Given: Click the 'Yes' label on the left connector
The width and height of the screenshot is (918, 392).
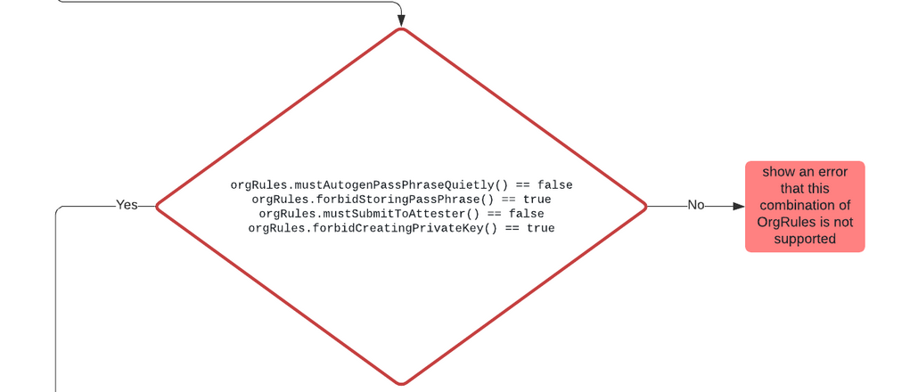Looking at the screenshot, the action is pyautogui.click(x=127, y=206).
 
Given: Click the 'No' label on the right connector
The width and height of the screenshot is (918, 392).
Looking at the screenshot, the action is pyautogui.click(x=696, y=206).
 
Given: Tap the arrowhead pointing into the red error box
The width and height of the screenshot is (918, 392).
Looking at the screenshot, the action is pyautogui.click(x=738, y=206).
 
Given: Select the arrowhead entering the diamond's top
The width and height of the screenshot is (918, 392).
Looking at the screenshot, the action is pyautogui.click(x=401, y=20).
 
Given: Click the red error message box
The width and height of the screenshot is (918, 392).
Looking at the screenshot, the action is pyautogui.click(x=805, y=207).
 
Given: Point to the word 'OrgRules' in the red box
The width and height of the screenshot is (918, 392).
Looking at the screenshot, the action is pyautogui.click(x=782, y=222).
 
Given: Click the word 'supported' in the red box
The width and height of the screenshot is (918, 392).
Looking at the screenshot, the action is pyautogui.click(x=805, y=239).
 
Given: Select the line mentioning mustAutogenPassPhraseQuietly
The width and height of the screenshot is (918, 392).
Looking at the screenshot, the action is pyautogui.click(x=401, y=185).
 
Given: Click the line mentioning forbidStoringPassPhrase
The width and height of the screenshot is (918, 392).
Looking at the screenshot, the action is pyautogui.click(x=401, y=200).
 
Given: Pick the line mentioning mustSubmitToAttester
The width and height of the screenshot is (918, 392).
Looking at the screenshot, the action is pyautogui.click(x=401, y=214).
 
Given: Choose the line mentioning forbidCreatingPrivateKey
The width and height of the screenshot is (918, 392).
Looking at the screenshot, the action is pyautogui.click(x=401, y=228).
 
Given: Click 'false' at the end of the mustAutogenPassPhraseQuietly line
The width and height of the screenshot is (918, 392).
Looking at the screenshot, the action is pyautogui.click(x=554, y=185).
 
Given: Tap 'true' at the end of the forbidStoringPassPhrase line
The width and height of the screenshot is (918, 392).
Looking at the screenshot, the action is pyautogui.click(x=537, y=200).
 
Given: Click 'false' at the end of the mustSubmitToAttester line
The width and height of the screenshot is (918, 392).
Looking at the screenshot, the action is pyautogui.click(x=526, y=214).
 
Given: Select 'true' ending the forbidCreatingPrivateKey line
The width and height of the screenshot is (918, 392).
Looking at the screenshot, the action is pyautogui.click(x=540, y=228).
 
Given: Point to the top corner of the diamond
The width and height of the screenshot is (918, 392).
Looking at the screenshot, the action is pyautogui.click(x=401, y=29).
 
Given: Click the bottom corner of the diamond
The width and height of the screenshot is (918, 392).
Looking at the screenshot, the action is pyautogui.click(x=401, y=384).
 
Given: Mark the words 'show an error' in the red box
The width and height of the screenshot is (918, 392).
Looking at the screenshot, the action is pyautogui.click(x=805, y=172).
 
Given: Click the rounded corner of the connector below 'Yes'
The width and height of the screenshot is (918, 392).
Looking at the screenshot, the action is pyautogui.click(x=59, y=209).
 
